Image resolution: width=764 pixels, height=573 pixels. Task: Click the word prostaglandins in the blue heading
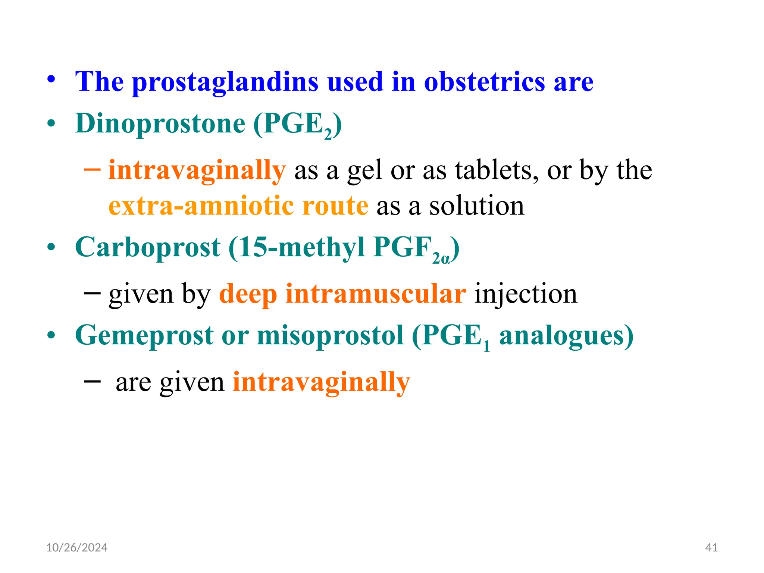tap(225, 82)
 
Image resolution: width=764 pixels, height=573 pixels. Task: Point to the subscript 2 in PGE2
tap(328, 134)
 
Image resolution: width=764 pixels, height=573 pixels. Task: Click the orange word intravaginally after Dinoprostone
tap(197, 171)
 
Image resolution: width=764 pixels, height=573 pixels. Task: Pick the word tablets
tap(497, 170)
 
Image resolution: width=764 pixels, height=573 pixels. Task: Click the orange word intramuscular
tap(376, 294)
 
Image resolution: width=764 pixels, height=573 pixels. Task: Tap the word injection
tap(526, 294)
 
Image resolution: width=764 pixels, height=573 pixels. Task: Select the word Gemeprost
tap(144, 335)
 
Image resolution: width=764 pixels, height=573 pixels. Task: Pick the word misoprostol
tap(330, 335)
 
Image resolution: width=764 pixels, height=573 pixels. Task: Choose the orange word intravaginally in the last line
tap(321, 382)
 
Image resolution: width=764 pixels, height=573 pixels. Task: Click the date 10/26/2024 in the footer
tap(77, 547)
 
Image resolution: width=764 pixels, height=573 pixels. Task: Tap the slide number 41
tap(711, 547)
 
